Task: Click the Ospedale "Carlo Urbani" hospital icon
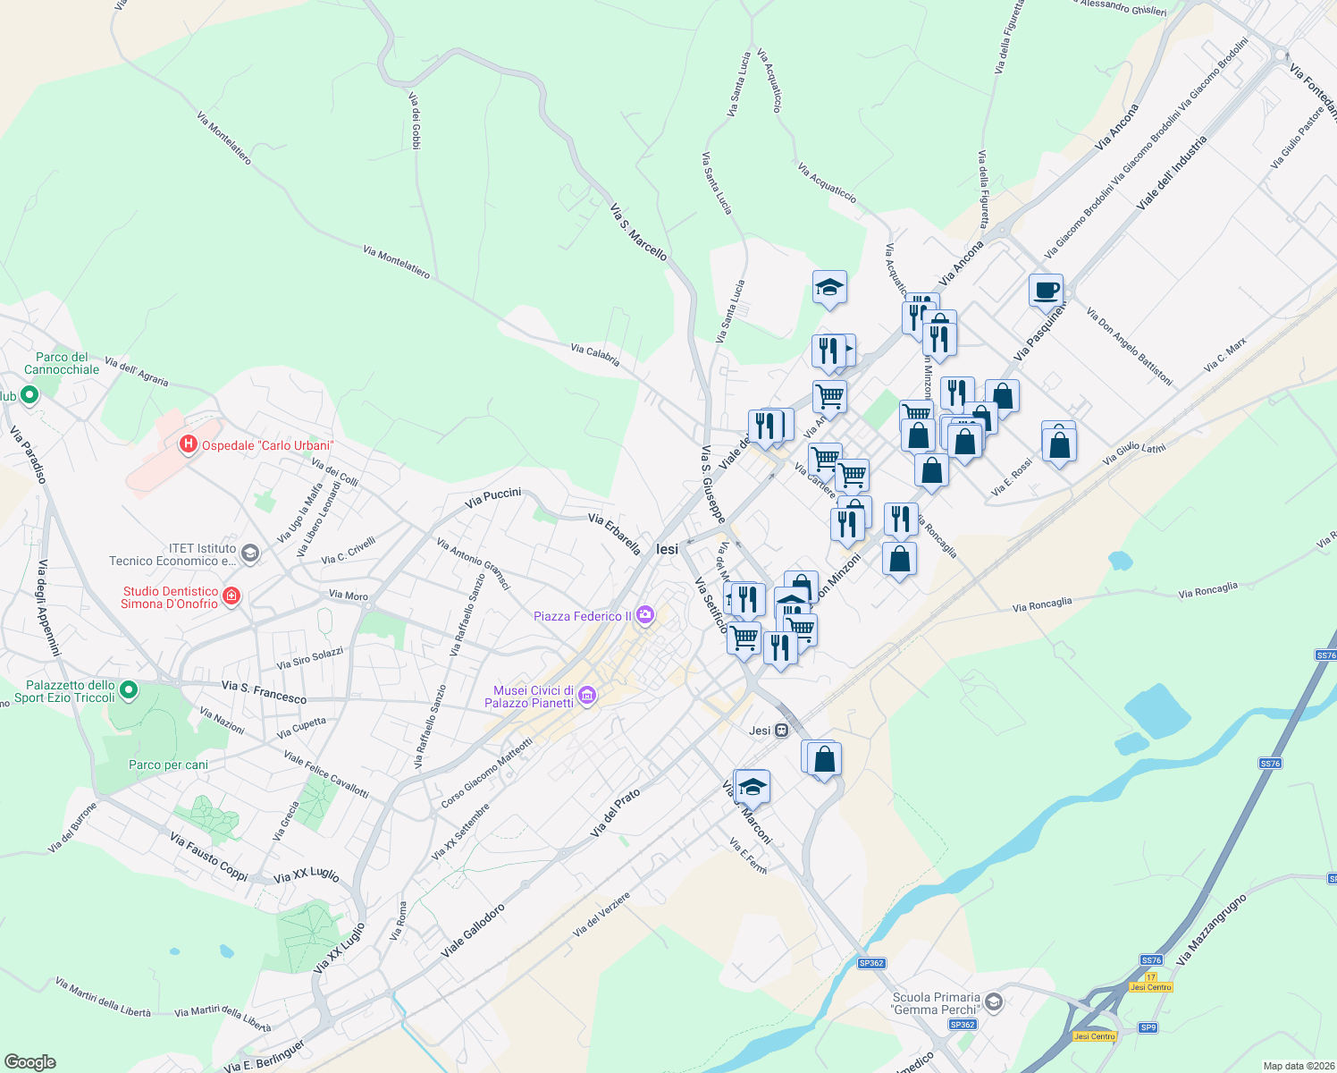(188, 444)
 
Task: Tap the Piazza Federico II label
(582, 616)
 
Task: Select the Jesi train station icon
(782, 731)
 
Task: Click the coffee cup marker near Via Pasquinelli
(1046, 290)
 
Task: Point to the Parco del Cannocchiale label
(62, 363)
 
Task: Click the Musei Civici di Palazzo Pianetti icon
(587, 696)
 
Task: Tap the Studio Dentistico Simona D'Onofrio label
(170, 597)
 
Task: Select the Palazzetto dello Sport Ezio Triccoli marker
(129, 689)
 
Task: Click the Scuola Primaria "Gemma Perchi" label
(936, 1003)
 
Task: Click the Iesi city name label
(668, 549)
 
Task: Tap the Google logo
(30, 1062)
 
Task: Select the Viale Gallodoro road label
(473, 931)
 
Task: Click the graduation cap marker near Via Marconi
(753, 787)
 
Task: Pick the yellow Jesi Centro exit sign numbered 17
(1151, 987)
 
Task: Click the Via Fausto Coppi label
(208, 857)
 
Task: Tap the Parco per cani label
(168, 765)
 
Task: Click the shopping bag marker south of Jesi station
(825, 759)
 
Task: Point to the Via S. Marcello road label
(638, 232)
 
